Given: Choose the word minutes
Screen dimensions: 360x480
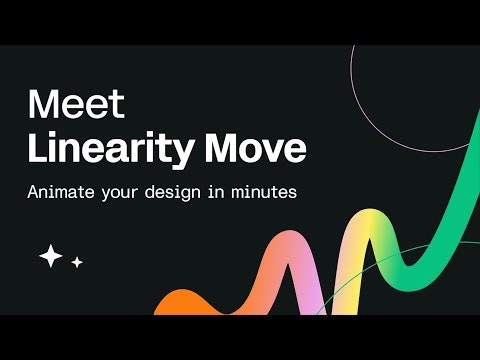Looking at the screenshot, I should (x=264, y=192).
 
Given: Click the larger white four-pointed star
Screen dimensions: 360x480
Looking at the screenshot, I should (x=50, y=256).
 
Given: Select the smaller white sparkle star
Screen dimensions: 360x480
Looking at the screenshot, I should (x=77, y=263).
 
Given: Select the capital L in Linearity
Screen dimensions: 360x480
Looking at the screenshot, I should (x=36, y=149).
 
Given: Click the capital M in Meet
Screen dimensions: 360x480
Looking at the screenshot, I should (x=41, y=105).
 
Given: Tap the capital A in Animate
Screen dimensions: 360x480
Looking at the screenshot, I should (x=33, y=192).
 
